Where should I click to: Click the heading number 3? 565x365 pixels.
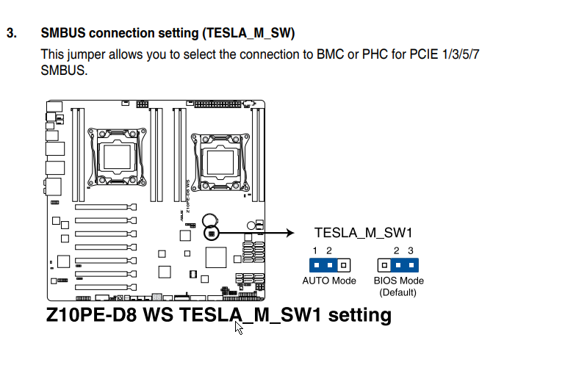[12, 33]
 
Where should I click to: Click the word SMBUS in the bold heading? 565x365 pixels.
[63, 33]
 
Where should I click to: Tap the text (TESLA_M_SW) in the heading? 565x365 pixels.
[248, 33]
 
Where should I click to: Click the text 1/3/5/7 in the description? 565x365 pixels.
[461, 54]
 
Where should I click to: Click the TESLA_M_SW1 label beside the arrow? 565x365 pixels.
[363, 233]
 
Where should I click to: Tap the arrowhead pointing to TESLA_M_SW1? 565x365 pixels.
[290, 233]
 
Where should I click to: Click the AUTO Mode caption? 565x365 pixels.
[329, 281]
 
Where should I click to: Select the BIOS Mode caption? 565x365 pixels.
[398, 281]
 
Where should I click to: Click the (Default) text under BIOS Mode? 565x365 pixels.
[397, 292]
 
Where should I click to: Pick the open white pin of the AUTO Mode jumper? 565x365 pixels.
[344, 266]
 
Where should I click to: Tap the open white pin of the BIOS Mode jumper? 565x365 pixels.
[384, 266]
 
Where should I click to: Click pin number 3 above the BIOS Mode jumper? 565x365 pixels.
[411, 250]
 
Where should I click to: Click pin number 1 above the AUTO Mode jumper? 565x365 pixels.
[315, 250]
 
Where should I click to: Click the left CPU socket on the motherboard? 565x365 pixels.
[117, 156]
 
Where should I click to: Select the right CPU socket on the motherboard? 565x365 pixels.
[220, 162]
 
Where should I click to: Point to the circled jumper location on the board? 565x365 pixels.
[212, 234]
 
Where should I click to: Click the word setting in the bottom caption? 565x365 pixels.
[359, 315]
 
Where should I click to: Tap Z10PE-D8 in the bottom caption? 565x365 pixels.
[92, 314]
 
